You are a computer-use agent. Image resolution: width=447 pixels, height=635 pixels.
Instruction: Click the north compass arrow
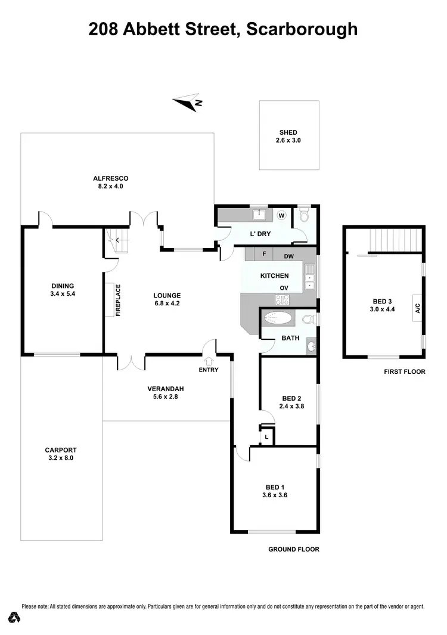click(188, 103)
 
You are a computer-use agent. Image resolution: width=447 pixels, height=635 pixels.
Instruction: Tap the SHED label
click(288, 137)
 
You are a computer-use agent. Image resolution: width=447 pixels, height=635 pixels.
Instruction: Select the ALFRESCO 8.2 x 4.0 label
click(111, 182)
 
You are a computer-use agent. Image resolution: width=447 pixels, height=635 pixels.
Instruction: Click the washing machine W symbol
click(281, 215)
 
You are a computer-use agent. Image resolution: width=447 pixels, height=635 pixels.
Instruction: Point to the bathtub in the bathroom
click(279, 318)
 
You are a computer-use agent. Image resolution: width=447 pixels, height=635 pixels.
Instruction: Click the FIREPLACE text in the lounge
click(118, 300)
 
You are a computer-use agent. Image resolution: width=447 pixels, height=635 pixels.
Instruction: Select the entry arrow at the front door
click(209, 360)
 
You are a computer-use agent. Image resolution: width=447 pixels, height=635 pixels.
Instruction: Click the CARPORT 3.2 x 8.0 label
click(61, 454)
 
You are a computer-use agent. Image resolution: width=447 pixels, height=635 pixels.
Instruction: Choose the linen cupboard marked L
click(266, 438)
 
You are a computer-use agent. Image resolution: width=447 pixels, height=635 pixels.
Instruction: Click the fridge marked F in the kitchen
click(264, 253)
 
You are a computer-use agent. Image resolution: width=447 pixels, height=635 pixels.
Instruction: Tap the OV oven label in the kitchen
click(285, 288)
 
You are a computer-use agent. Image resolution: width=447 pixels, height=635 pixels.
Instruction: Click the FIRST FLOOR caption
click(405, 371)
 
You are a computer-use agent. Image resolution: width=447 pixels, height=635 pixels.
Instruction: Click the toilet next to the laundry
click(305, 215)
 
